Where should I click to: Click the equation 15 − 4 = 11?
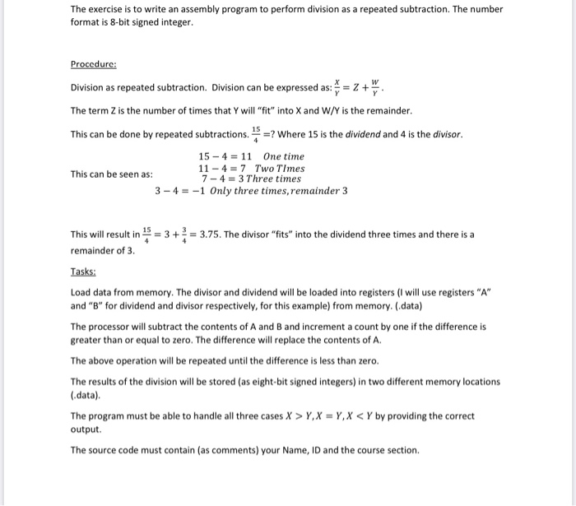pyautogui.click(x=225, y=156)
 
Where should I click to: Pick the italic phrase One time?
pyautogui.click(x=284, y=156)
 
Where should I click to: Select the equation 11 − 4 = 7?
pyautogui.click(x=222, y=168)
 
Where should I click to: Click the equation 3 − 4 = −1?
pyautogui.click(x=180, y=191)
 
